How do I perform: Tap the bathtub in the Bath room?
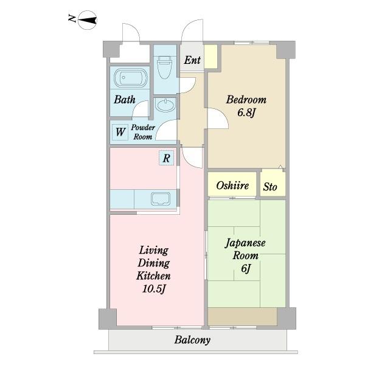tap(131, 78)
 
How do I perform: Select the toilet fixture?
tap(165, 67)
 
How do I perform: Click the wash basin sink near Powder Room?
tap(165, 105)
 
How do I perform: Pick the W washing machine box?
tap(120, 132)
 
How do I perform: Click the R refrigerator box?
tap(167, 158)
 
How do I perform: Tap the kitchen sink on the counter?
tap(161, 199)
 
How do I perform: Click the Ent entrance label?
tap(192, 60)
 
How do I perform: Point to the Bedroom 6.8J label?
tap(246, 106)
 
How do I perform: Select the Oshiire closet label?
tap(232, 186)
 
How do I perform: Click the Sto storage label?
tap(270, 187)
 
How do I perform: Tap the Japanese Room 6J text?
tap(245, 255)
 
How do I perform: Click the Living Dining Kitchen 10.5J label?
tap(154, 269)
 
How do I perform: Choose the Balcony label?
tap(192, 340)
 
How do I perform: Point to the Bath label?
tap(125, 100)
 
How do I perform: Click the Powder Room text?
tap(143, 132)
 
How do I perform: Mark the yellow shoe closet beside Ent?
tap(210, 57)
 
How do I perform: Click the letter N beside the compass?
tap(72, 18)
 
